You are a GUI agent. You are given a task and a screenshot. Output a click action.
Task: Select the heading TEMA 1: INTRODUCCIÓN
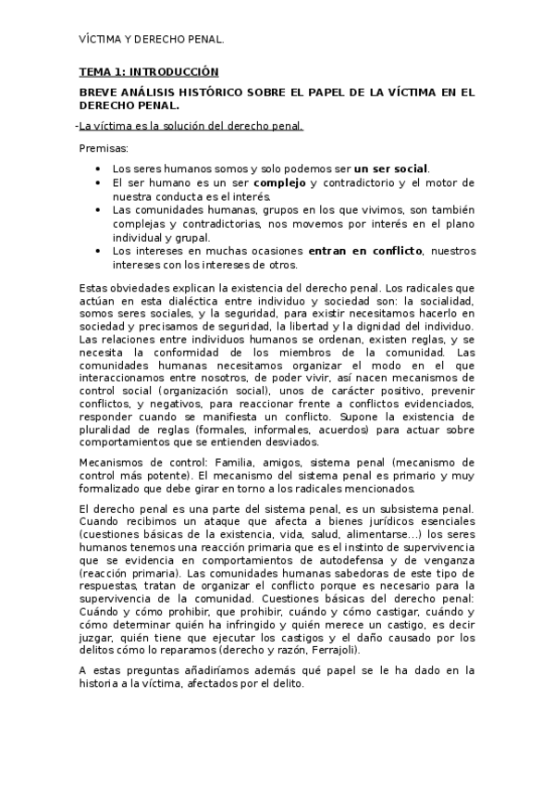click(148, 71)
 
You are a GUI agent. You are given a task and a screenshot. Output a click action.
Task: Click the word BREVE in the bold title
click(100, 93)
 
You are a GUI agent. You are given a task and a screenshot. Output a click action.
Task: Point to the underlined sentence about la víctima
click(191, 126)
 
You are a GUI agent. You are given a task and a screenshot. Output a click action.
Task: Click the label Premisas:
click(104, 148)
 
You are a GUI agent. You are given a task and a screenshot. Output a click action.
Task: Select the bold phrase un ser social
click(391, 168)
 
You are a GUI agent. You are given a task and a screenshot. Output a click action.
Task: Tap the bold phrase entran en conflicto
click(365, 251)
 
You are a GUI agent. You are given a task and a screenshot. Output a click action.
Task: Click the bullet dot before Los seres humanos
click(99, 169)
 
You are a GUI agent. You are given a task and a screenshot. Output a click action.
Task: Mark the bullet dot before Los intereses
click(99, 251)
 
